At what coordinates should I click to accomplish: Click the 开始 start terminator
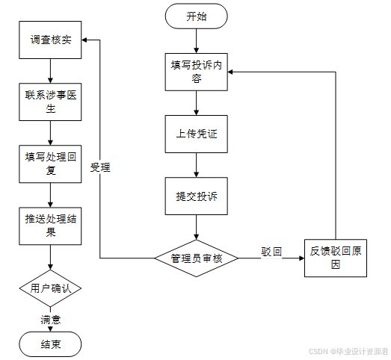click(197, 16)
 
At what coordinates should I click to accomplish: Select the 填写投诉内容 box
click(197, 72)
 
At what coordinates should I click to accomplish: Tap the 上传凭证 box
click(197, 134)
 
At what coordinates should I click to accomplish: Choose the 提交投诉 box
click(197, 196)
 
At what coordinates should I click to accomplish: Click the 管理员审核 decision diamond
click(197, 258)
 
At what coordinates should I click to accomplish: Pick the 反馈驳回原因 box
click(336, 258)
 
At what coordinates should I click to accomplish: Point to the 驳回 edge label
click(271, 252)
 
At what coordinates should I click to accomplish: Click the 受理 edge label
click(100, 167)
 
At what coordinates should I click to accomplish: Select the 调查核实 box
click(50, 40)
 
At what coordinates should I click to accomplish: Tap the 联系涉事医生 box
click(50, 102)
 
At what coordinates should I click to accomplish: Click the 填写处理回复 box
click(50, 164)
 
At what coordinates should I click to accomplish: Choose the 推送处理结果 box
click(50, 226)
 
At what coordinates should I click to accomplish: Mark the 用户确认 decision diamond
click(50, 288)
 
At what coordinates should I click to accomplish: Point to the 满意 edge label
click(51, 320)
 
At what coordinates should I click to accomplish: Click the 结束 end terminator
click(50, 344)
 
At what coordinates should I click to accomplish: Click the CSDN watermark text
click(348, 351)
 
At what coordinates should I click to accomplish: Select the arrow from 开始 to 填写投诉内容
click(197, 41)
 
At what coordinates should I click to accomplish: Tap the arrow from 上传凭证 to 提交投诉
click(197, 165)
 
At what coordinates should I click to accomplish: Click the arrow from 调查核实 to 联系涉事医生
click(50, 71)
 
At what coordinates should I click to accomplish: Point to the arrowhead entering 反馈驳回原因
click(302, 258)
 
